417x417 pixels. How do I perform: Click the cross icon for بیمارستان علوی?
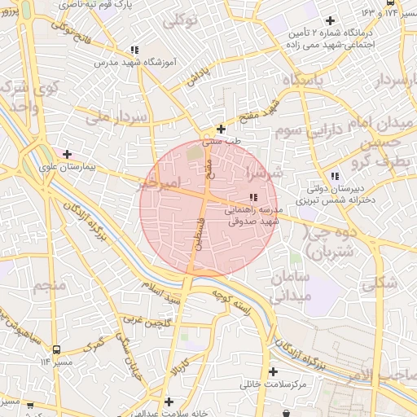coord(67,153)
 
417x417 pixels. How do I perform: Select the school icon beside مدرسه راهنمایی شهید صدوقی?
coord(253,197)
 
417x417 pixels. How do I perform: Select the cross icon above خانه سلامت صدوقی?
coord(169,402)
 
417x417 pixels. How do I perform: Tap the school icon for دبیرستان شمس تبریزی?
coord(335,176)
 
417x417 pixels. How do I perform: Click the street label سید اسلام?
coord(161,292)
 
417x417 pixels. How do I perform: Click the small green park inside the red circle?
coord(193,151)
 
